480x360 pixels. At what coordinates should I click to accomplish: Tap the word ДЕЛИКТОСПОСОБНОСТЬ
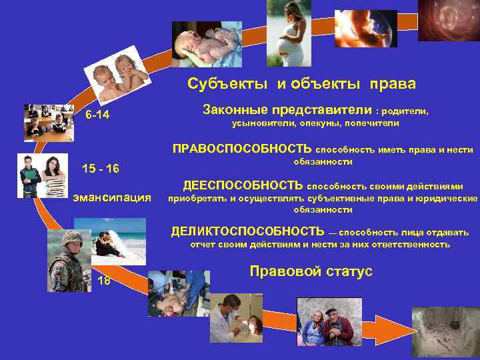(x=247, y=232)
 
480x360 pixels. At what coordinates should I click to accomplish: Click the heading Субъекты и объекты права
(x=301, y=84)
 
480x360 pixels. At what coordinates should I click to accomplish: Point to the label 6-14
(x=97, y=117)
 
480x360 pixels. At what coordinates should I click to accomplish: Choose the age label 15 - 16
(x=100, y=168)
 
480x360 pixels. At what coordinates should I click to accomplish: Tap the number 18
(x=104, y=280)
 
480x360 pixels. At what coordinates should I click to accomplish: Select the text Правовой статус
(x=311, y=271)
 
